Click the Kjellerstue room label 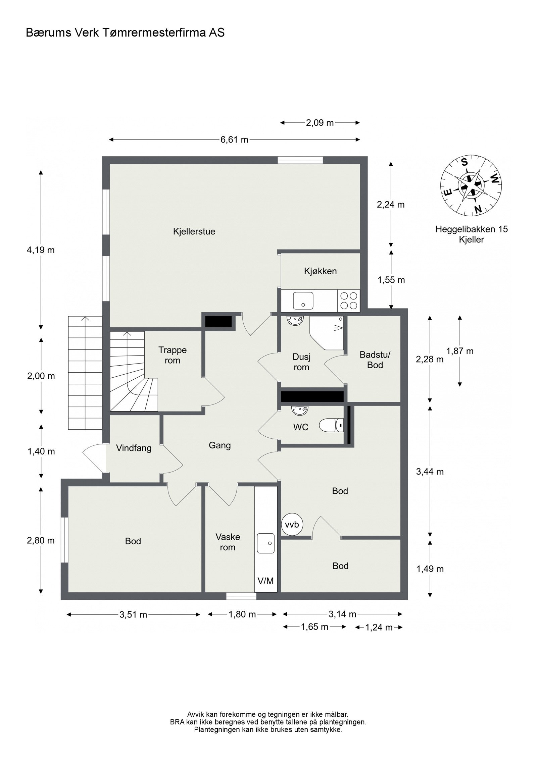point(194,231)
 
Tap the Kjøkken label point(320,271)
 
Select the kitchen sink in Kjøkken point(303,300)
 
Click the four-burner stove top point(349,301)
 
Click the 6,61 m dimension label point(234,140)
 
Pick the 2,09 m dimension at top point(320,123)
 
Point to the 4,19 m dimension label point(41,250)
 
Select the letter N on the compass point(478,209)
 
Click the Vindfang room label point(134,448)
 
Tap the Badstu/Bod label point(375,360)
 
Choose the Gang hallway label point(220,445)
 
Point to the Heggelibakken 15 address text point(472,229)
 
